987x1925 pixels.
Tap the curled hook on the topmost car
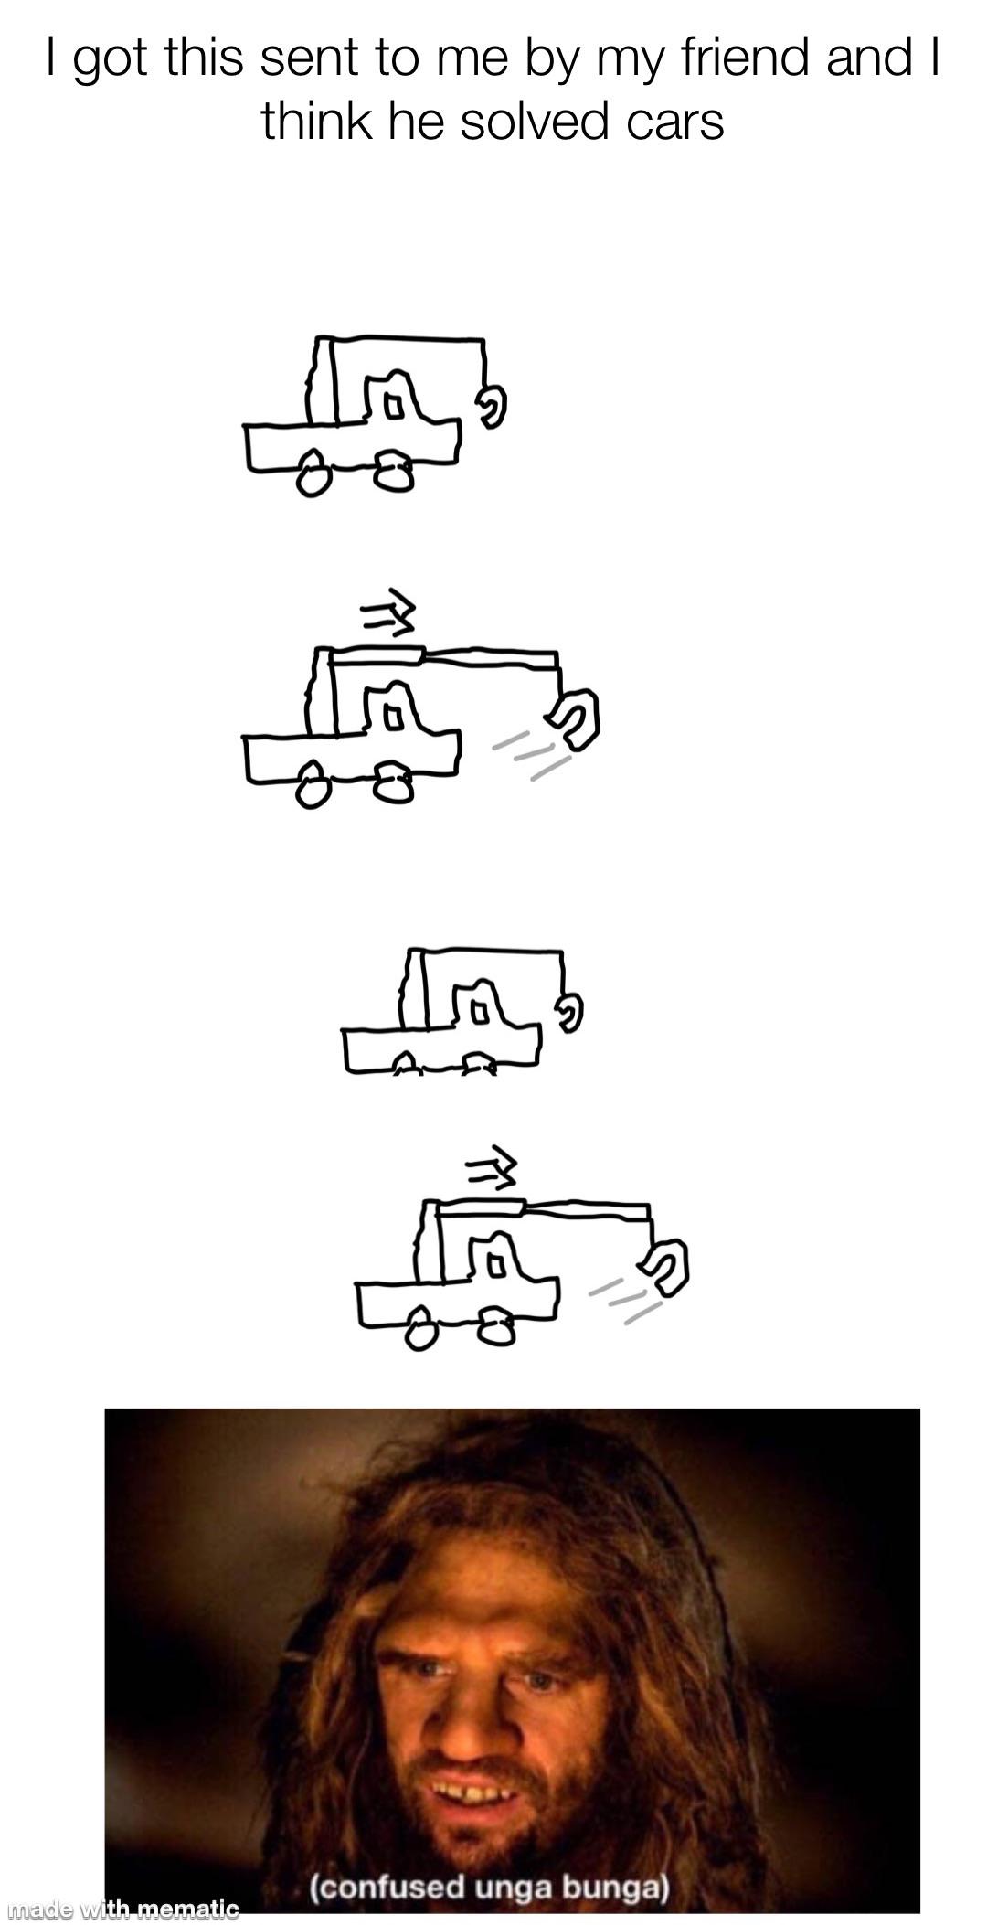[492, 405]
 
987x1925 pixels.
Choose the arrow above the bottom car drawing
[493, 1166]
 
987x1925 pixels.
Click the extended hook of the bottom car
[667, 1268]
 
